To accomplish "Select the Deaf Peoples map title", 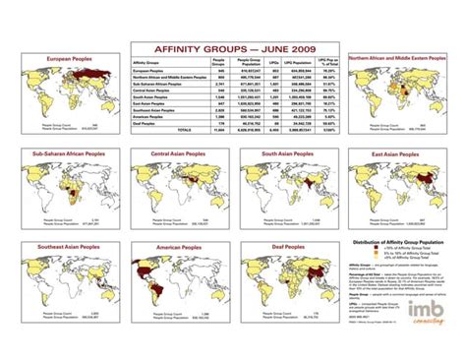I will point(287,244).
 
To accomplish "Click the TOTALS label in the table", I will point(183,129).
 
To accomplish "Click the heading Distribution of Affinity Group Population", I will point(398,241).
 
